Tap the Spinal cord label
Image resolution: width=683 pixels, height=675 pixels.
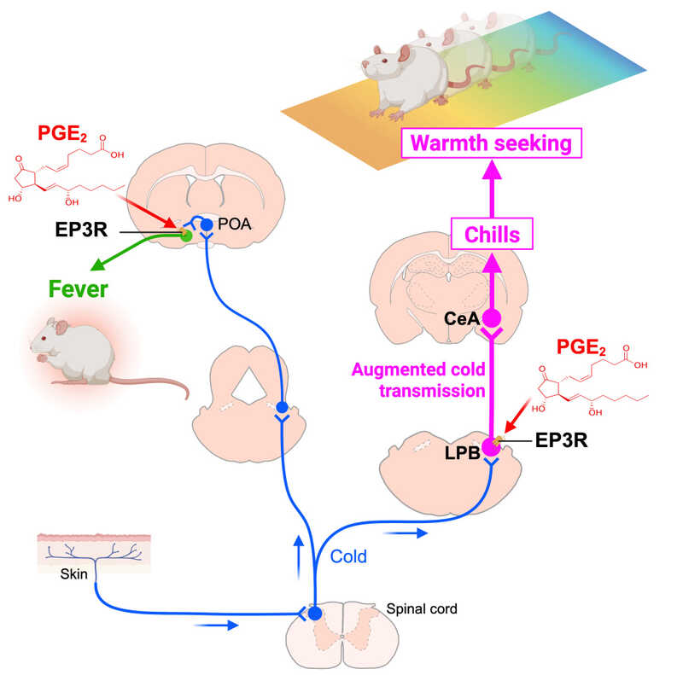422,609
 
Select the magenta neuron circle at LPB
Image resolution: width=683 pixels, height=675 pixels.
490,445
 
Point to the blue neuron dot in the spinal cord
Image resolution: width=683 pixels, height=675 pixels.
314,613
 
